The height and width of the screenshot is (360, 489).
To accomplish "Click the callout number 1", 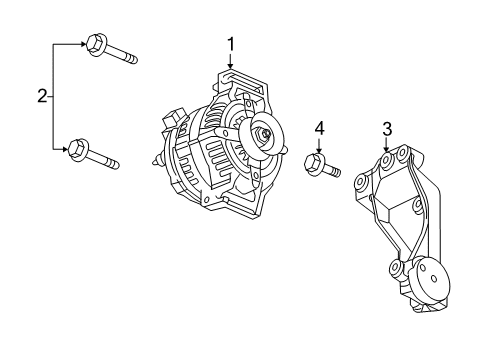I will (x=231, y=43).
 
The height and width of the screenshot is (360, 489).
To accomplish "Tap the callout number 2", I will (x=42, y=96).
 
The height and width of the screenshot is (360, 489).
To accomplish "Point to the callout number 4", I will (x=319, y=127).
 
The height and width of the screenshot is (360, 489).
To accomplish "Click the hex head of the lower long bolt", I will (x=75, y=150).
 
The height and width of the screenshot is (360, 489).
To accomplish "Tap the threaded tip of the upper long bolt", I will (x=131, y=60).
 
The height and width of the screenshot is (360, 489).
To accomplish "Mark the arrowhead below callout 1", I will (x=231, y=68).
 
